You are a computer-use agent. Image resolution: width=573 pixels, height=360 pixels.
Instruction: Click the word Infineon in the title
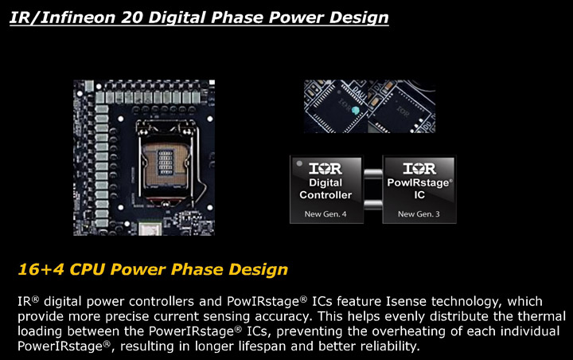[77, 18]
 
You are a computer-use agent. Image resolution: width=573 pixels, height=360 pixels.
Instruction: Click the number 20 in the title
[132, 18]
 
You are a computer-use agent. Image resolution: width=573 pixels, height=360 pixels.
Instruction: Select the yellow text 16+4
[41, 269]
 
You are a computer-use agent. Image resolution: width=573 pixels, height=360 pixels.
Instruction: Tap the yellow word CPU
[88, 269]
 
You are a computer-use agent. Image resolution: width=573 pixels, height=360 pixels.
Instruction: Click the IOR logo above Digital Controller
[325, 168]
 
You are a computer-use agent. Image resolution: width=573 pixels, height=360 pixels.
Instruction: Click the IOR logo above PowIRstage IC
[419, 168]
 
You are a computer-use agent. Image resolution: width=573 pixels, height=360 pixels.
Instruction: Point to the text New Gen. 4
[325, 214]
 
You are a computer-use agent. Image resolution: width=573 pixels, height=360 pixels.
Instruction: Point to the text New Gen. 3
[419, 214]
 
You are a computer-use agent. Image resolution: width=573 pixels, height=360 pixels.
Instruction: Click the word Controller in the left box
[325, 195]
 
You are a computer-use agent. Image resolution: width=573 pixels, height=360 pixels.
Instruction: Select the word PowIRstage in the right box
[418, 182]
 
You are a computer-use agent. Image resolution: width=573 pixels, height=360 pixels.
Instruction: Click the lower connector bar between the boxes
[373, 205]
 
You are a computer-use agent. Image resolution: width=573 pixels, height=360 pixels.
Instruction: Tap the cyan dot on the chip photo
[355, 110]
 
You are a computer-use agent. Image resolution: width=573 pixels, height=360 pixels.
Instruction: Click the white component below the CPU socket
[150, 228]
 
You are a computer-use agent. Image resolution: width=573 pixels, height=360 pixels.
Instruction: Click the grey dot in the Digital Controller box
[299, 163]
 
